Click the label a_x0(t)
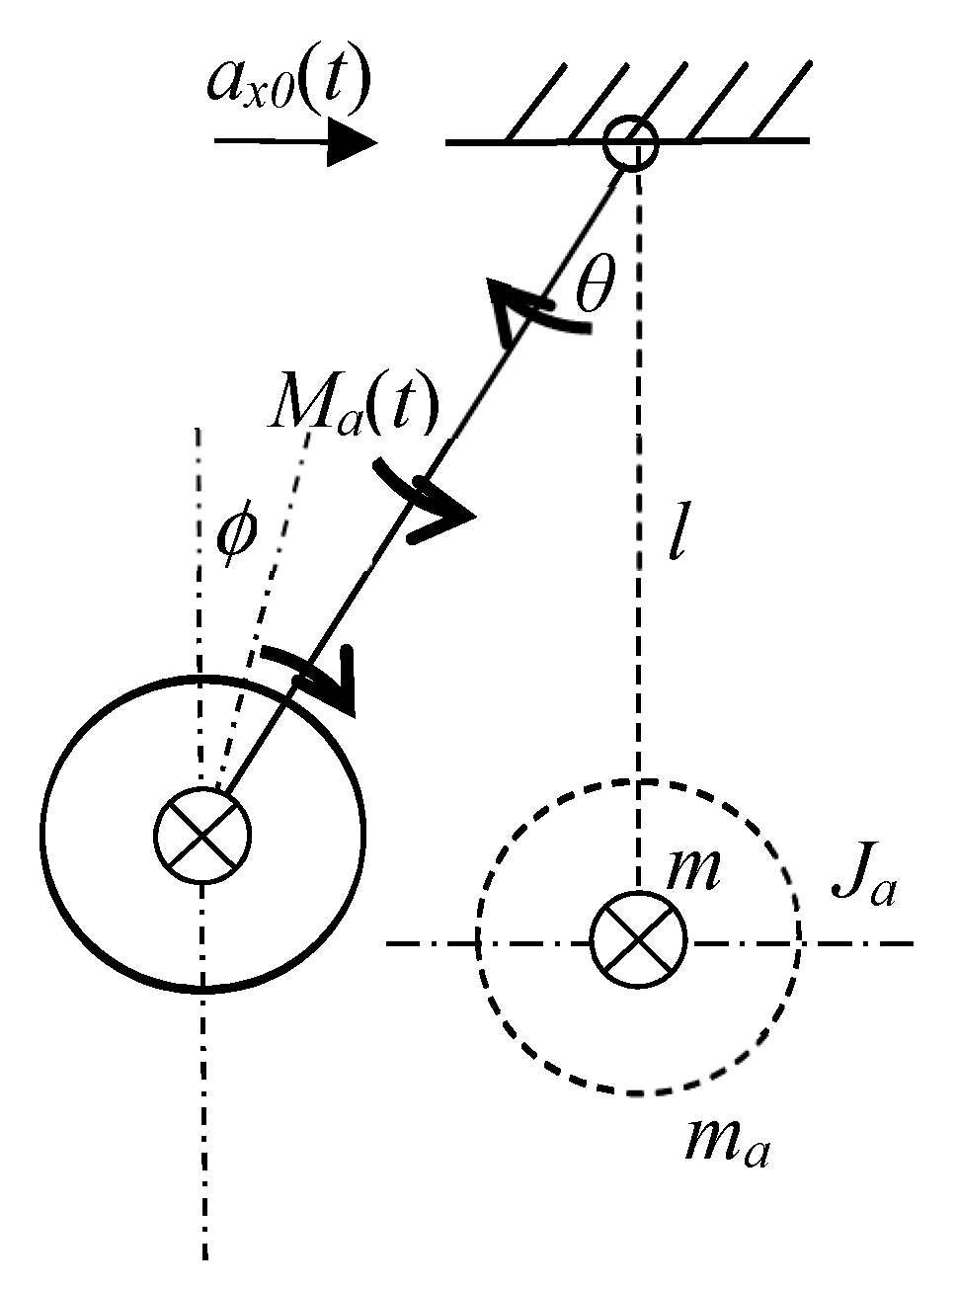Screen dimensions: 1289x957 (x=287, y=82)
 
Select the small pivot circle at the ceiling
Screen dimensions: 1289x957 (x=631, y=143)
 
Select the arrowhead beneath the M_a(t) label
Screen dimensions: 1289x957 (x=443, y=518)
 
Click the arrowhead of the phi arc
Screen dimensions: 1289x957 (x=339, y=681)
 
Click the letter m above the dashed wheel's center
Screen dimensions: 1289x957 (x=692, y=869)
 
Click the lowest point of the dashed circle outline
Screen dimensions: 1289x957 (x=639, y=1093)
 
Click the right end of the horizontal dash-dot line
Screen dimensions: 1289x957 (x=915, y=944)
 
